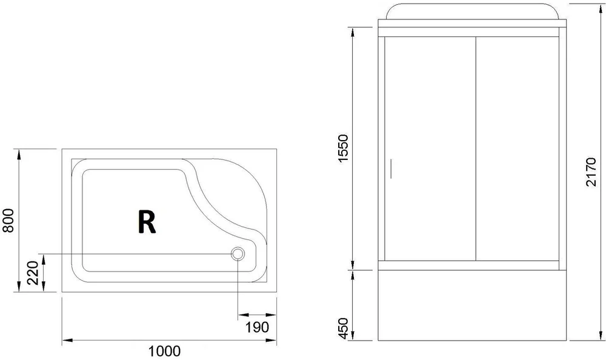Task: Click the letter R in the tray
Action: click(147, 222)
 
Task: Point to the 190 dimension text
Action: click(256, 328)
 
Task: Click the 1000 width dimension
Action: click(164, 351)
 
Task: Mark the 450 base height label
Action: click(343, 327)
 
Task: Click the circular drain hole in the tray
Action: click(238, 254)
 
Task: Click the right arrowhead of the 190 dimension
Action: click(264, 315)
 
